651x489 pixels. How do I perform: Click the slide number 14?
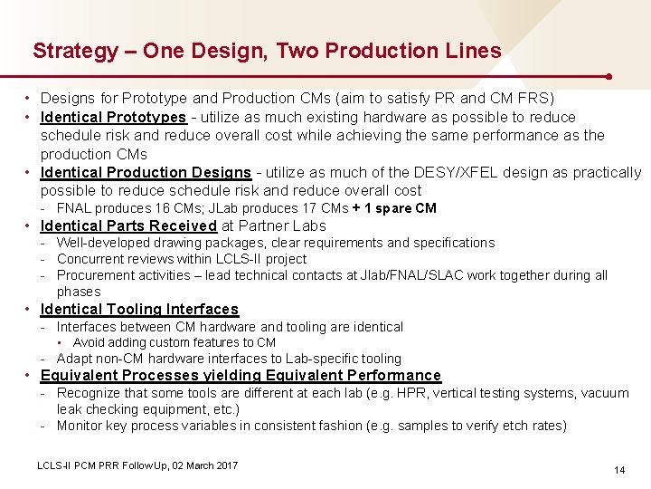[x=619, y=470]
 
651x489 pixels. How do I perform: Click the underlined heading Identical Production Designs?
[x=146, y=172]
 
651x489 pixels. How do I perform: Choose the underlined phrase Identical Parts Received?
[x=128, y=226]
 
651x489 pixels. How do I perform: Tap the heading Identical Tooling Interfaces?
[x=139, y=310]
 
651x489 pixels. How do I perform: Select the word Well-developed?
[x=101, y=243]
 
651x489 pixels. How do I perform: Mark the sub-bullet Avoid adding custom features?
[x=174, y=342]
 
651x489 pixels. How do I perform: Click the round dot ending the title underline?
[x=612, y=76]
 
